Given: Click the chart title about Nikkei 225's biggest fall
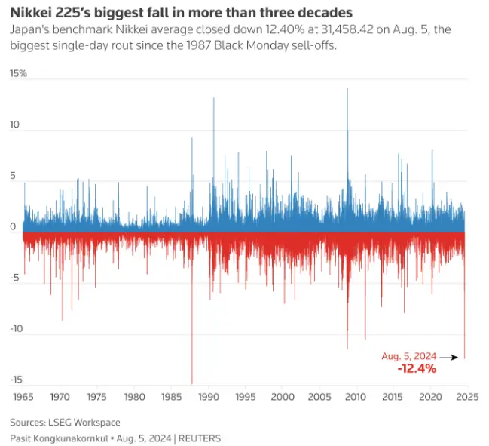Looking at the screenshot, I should click(182, 14).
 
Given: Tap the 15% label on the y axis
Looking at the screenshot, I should click(19, 74).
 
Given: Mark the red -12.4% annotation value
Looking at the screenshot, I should click(417, 369).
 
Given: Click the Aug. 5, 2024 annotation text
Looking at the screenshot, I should click(409, 356).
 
